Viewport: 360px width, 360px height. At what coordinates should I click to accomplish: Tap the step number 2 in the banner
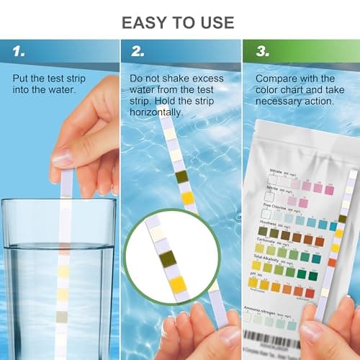pyautogui.click(x=136, y=51)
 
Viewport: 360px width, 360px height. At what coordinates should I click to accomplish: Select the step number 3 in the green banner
pyautogui.click(x=256, y=51)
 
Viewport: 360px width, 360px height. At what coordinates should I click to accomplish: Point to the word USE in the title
pyautogui.click(x=213, y=22)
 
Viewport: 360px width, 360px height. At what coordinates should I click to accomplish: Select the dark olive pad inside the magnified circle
pyautogui.click(x=166, y=258)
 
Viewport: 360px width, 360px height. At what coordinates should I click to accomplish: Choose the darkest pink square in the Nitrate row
pyautogui.click(x=329, y=190)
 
